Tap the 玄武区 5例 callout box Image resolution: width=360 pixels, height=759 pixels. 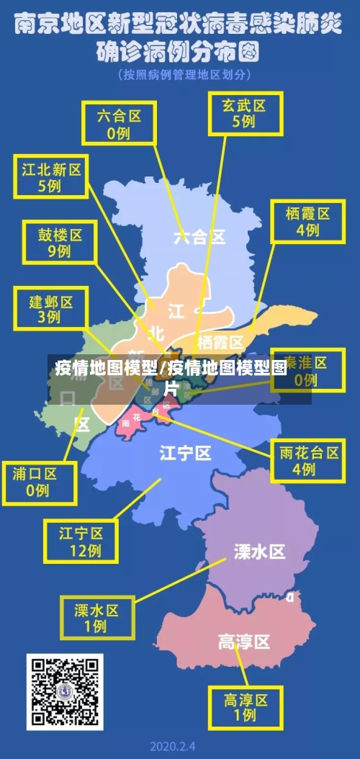[x=243, y=112]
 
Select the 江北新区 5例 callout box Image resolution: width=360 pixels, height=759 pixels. [x=50, y=177]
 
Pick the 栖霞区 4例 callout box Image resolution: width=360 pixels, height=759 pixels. [x=307, y=221]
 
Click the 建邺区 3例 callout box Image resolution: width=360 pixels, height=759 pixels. [x=50, y=308]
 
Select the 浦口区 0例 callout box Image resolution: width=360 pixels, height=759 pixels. [x=40, y=482]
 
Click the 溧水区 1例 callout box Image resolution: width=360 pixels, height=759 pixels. [x=96, y=617]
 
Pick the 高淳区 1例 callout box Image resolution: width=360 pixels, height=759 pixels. [x=246, y=706]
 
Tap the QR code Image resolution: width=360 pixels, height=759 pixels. [x=65, y=691]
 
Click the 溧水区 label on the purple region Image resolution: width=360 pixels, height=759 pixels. [x=259, y=552]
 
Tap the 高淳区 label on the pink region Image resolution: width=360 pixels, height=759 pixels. [x=243, y=641]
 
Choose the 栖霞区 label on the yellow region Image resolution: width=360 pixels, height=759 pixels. [x=220, y=341]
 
